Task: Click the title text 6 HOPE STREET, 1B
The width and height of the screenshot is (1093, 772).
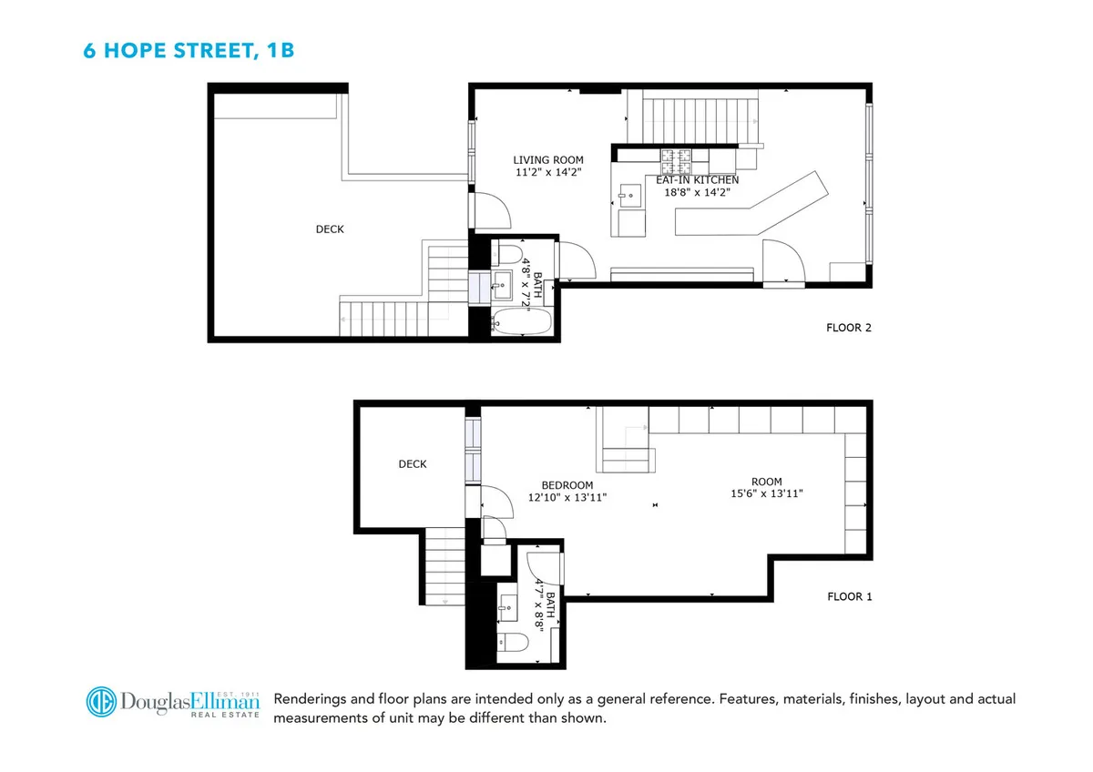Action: pyautogui.click(x=189, y=50)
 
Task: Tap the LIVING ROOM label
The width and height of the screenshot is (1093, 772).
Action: pyautogui.click(x=547, y=160)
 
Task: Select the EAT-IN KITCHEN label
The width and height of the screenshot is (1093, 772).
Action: pyautogui.click(x=697, y=180)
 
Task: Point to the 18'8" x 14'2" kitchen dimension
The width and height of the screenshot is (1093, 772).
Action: pyautogui.click(x=697, y=192)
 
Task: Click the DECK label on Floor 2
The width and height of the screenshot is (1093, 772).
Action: pyautogui.click(x=330, y=229)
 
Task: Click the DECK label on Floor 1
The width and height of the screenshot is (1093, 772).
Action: pyautogui.click(x=413, y=464)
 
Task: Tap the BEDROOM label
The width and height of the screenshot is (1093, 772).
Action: pyautogui.click(x=567, y=485)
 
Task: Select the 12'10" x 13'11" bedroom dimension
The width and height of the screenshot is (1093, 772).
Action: pyautogui.click(x=567, y=497)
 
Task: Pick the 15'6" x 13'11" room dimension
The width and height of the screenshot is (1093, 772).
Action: pyautogui.click(x=766, y=493)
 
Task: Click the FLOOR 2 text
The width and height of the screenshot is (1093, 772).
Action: pyautogui.click(x=849, y=328)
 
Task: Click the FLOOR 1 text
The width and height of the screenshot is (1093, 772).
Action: pyautogui.click(x=849, y=597)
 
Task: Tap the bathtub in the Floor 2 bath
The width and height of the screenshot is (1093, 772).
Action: pyautogui.click(x=521, y=322)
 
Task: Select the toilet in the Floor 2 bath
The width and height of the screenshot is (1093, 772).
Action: pyautogui.click(x=507, y=252)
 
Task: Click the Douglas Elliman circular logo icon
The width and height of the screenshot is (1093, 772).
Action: pyautogui.click(x=105, y=702)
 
